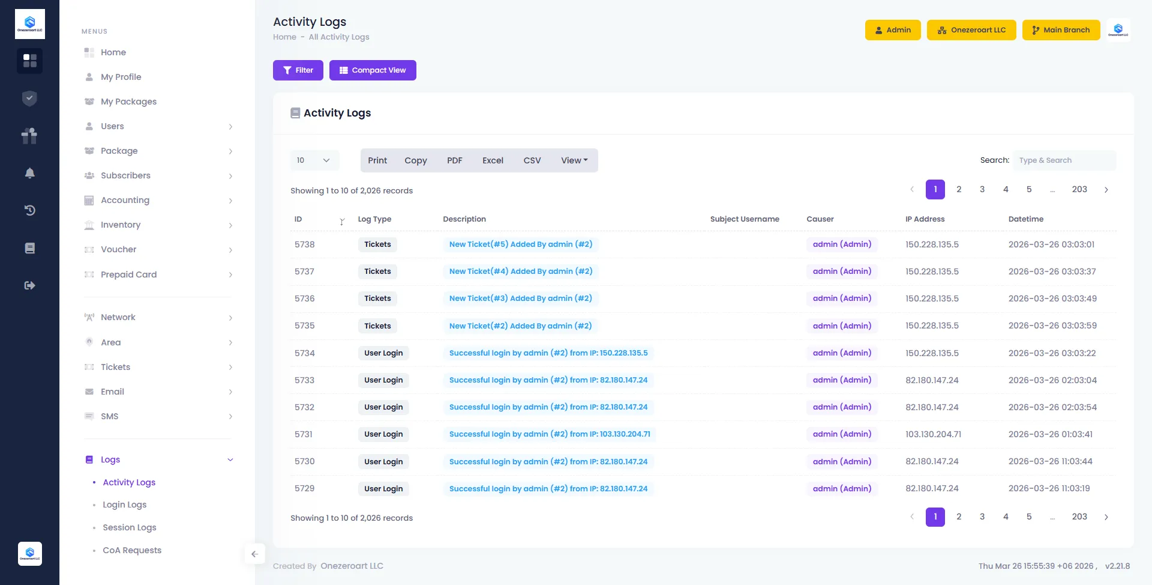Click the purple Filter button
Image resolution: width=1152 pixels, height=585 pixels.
(298, 70)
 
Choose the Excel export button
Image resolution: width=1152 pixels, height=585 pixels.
(493, 160)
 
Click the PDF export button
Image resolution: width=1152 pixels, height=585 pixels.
(454, 160)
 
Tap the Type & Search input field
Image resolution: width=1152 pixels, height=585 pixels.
(1064, 160)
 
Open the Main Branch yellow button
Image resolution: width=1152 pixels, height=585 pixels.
(1060, 30)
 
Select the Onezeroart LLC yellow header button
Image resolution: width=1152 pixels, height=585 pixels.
(971, 30)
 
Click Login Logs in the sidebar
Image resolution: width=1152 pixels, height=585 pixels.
(124, 505)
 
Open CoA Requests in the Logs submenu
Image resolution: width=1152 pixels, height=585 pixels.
(132, 550)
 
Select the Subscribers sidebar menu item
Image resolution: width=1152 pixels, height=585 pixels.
(125, 175)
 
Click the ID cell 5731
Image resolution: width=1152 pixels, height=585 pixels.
(304, 434)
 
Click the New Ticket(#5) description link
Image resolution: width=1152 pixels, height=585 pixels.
(520, 244)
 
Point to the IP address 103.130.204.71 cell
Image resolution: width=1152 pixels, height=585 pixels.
(933, 434)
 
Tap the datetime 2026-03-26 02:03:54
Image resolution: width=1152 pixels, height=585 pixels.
(1052, 407)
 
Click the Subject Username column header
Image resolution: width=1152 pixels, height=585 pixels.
(744, 219)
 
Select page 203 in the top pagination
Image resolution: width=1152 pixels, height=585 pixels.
(1079, 189)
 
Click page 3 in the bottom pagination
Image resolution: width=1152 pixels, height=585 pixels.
(982, 517)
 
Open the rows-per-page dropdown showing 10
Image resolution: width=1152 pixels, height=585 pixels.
(314, 160)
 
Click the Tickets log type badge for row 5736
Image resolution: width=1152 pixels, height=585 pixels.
(377, 299)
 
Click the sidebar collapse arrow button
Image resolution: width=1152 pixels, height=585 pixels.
(254, 554)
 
